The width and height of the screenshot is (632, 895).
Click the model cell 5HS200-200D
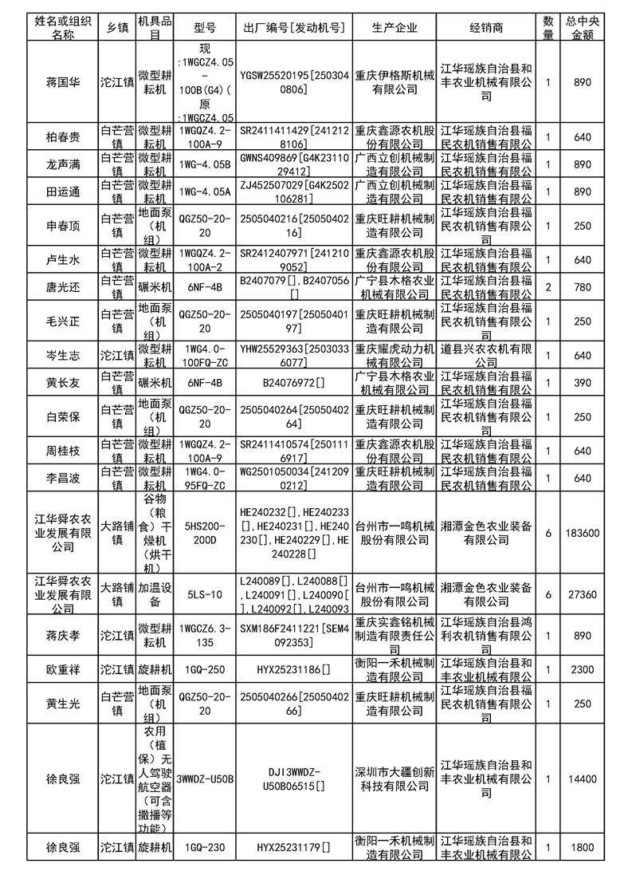[205, 533]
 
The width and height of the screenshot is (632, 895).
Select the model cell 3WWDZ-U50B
[205, 779]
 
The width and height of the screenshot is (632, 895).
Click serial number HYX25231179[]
[294, 847]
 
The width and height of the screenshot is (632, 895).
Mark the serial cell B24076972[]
[294, 384]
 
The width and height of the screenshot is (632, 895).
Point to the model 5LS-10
[205, 594]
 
